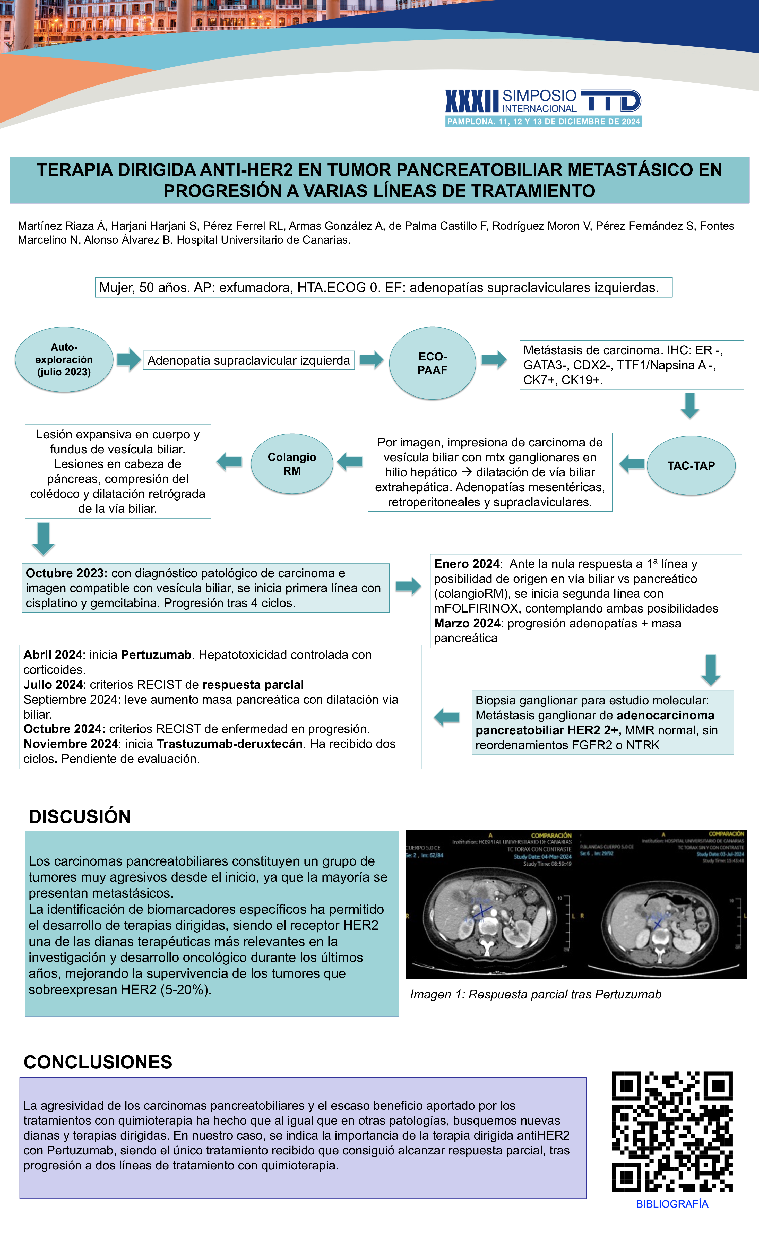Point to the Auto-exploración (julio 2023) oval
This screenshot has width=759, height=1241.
(64, 360)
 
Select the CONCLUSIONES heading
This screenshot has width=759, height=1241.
(98, 1062)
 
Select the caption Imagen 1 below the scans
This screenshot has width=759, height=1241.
(535, 994)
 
